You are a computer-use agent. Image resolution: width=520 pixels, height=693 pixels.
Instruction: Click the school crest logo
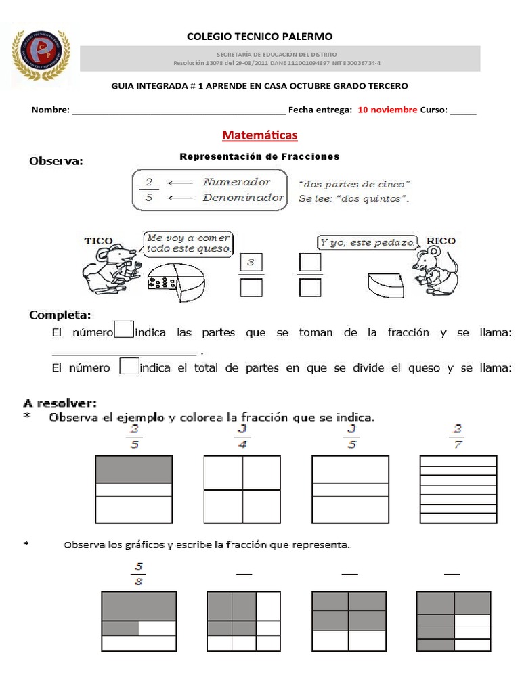coord(41,58)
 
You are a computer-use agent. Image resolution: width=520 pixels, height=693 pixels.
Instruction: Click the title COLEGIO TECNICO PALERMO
coord(259,37)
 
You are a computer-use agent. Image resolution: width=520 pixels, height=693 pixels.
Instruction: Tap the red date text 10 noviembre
coord(387,110)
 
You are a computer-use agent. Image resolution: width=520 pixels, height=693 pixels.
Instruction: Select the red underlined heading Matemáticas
coord(259,135)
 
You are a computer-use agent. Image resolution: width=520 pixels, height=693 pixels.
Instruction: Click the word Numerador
coord(236,182)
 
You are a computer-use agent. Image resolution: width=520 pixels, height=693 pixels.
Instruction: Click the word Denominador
coord(243,198)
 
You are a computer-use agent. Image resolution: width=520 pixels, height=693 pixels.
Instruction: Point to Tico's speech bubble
coord(189,244)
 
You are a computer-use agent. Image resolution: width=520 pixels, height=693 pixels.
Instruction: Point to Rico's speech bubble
coord(366,243)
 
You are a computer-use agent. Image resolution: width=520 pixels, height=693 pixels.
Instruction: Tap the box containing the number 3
coord(251,263)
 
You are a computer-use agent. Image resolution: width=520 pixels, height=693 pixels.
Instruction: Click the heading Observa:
coord(56,161)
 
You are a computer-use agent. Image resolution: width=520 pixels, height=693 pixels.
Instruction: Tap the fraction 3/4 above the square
coord(242,437)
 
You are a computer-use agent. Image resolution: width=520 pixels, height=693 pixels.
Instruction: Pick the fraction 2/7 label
coord(458,437)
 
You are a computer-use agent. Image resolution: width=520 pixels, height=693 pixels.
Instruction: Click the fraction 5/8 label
coord(139,574)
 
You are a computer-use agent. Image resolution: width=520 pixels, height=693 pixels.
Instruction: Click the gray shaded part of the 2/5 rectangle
coord(133,469)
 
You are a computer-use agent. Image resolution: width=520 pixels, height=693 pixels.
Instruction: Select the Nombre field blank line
coord(179,111)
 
